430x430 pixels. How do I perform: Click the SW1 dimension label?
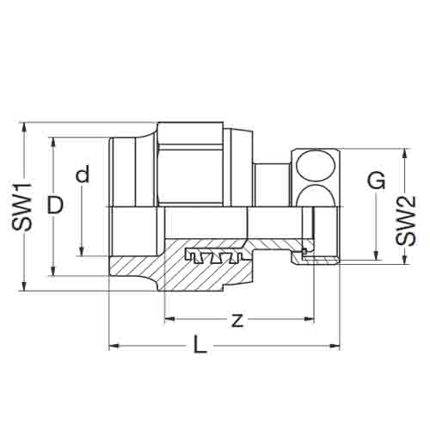(x=22, y=206)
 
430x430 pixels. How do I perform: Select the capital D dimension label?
(x=55, y=206)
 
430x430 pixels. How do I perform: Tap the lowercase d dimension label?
(x=83, y=174)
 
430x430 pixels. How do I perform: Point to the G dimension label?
(x=377, y=181)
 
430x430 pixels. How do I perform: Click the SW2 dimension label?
(x=405, y=221)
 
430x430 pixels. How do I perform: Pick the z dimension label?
(x=237, y=320)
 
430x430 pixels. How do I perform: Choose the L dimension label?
(x=200, y=344)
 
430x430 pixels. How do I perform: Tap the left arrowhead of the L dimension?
(x=114, y=346)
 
